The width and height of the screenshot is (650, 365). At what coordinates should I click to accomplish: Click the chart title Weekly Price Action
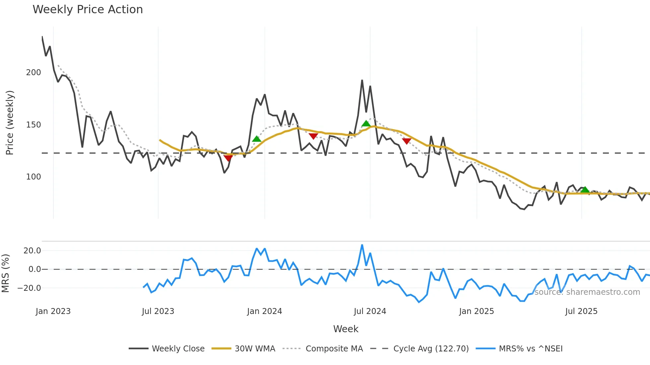coord(88,10)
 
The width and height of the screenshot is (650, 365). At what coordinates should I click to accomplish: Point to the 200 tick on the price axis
coord(33,73)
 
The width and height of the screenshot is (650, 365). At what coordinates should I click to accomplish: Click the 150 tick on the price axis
coord(33,125)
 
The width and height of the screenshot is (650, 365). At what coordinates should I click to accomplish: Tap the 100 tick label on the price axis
coord(33,177)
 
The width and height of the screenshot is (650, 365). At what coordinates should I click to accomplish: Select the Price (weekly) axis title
coord(10,123)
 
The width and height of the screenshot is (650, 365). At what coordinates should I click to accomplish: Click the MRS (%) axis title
coord(5,273)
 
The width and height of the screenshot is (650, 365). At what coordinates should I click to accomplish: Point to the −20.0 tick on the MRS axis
coord(29,288)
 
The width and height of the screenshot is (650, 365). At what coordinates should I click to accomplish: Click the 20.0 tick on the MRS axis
coord(32,251)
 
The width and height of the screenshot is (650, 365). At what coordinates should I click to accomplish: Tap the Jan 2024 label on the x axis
coord(264,311)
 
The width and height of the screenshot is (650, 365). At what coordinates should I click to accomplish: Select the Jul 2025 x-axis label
coord(581,311)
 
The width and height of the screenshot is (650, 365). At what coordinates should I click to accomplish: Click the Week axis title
coord(346,329)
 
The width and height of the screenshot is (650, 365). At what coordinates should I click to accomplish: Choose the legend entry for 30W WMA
coord(255,349)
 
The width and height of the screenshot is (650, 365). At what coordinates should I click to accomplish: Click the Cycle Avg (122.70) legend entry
coord(431,349)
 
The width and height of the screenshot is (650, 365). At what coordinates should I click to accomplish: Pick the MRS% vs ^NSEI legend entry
coord(531,349)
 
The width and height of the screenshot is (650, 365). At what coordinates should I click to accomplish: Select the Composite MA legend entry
coord(334,349)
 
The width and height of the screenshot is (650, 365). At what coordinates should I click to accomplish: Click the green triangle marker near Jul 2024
coord(366,124)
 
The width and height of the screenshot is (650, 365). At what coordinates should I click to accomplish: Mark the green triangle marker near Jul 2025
coord(585,190)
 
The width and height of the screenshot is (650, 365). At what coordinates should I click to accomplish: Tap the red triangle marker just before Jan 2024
coord(228,158)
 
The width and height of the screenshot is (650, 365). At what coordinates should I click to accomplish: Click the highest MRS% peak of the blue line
coord(362,245)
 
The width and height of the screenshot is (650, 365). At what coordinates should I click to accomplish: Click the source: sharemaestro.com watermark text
coord(587,292)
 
